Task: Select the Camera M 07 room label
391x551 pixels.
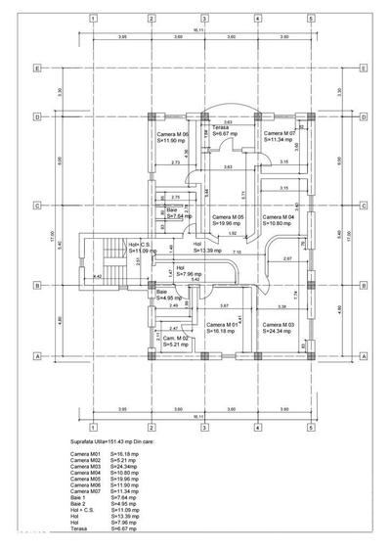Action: click(281, 133)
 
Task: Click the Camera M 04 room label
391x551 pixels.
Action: click(281, 217)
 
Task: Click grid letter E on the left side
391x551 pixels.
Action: click(37, 69)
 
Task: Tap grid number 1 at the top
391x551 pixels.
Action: click(92, 19)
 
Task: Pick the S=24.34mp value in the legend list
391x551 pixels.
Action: click(126, 467)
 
